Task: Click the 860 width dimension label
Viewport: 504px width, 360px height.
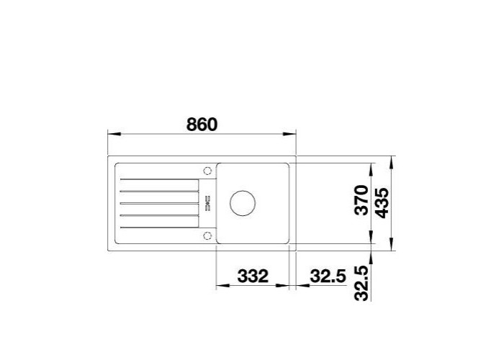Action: click(x=202, y=125)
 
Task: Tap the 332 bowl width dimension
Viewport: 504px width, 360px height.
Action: click(x=253, y=276)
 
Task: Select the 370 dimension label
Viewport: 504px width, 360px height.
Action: click(x=361, y=199)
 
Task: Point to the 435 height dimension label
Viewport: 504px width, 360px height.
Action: click(x=382, y=203)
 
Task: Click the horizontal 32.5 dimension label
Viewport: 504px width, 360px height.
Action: click(x=328, y=276)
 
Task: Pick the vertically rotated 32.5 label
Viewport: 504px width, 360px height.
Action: click(x=361, y=283)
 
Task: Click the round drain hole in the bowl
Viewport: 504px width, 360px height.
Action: click(x=243, y=203)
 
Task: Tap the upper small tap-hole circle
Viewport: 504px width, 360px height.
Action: click(x=207, y=171)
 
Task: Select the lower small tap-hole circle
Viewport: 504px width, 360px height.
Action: click(x=207, y=236)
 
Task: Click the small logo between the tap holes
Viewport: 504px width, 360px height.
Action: click(x=207, y=203)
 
